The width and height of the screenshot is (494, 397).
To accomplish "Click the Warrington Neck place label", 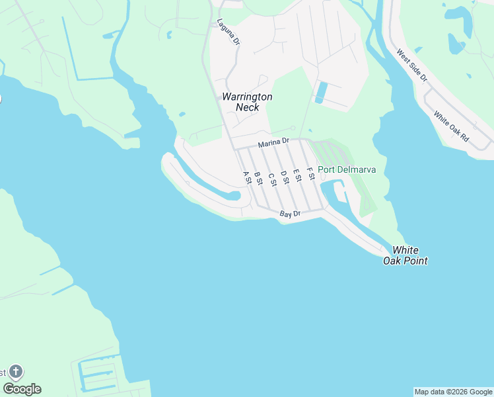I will click(x=246, y=102).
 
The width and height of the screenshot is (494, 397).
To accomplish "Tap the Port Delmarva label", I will click(x=347, y=169).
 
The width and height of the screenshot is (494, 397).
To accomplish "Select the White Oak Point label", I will click(x=406, y=255).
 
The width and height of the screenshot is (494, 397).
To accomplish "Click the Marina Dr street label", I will click(x=274, y=142).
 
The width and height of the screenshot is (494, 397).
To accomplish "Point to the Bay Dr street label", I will click(x=290, y=214).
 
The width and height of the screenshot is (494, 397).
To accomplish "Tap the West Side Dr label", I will click(x=412, y=65).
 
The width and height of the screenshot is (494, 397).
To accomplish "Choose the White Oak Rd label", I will click(x=451, y=126).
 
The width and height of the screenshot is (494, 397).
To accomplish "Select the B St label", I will click(x=258, y=178).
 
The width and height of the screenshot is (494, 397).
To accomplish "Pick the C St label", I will click(x=271, y=178).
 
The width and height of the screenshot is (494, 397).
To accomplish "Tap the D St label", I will click(x=284, y=176).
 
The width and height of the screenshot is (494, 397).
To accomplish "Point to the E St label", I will click(x=297, y=175).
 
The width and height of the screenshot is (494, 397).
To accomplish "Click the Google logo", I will click(x=22, y=389).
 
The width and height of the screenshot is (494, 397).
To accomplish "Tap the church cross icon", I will click(x=16, y=372).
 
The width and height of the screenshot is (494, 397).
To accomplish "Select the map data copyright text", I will click(x=453, y=392).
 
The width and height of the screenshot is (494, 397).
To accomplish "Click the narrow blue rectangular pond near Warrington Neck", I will click(x=321, y=92).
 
